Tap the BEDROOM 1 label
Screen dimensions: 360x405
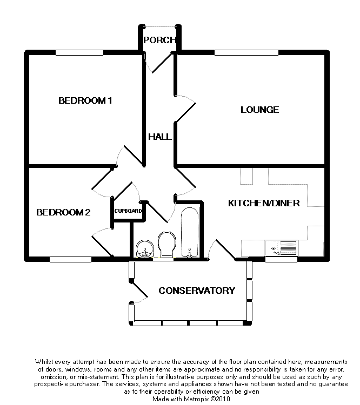tap(85, 100)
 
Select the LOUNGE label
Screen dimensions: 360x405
tap(259, 110)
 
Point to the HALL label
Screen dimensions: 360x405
tap(160, 137)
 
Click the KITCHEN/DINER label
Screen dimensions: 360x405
tap(264, 203)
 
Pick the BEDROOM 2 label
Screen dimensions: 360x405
tap(63, 212)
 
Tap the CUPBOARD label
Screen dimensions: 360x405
tap(128, 211)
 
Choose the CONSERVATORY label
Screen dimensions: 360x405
tap(197, 291)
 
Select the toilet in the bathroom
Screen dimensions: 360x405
tap(165, 244)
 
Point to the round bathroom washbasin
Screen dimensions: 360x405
tap(143, 248)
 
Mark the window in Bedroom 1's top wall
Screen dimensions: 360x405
tap(79, 52)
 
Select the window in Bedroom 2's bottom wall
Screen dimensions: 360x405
tap(71, 259)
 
